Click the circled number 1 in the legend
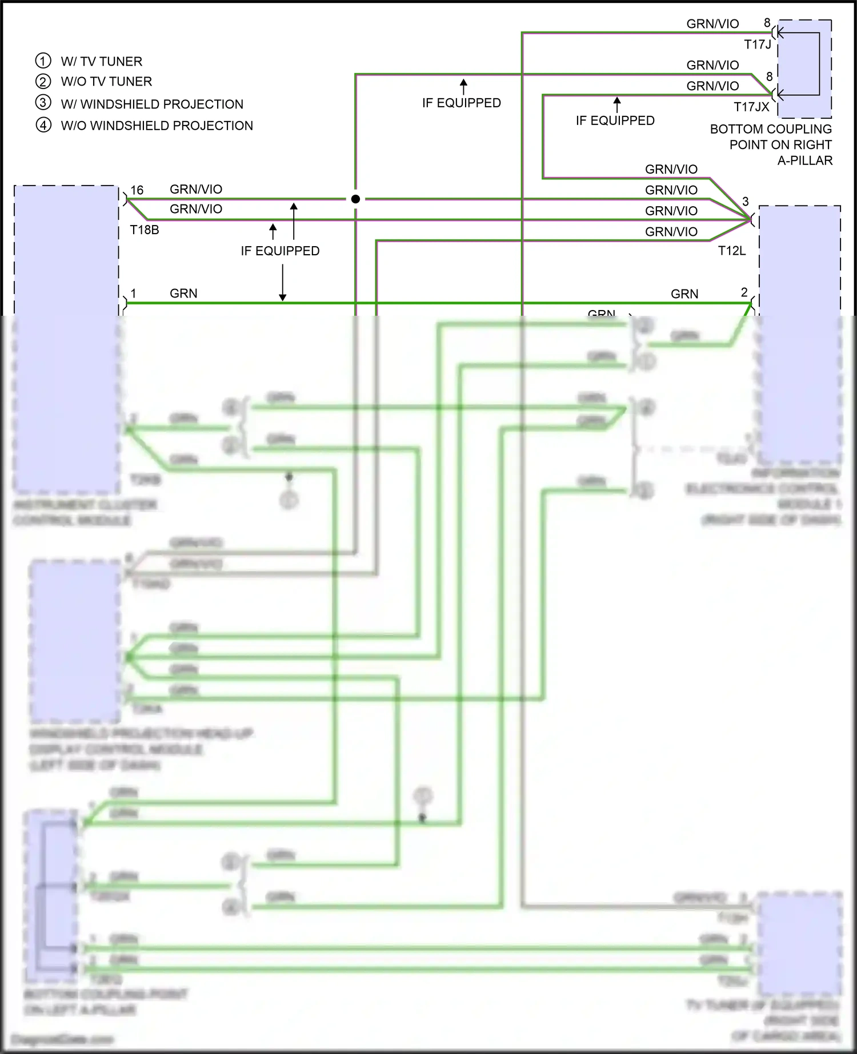(x=43, y=61)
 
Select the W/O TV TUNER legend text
(x=106, y=82)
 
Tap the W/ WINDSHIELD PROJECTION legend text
(x=152, y=104)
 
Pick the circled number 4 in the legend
(x=43, y=125)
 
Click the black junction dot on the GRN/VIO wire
(x=355, y=199)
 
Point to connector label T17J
(x=757, y=45)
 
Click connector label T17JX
(x=751, y=107)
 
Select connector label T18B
(x=145, y=230)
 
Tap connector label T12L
(x=732, y=251)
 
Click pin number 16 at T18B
(x=137, y=190)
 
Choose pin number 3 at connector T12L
(x=745, y=202)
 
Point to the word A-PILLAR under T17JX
(x=804, y=160)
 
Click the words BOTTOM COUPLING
(x=771, y=129)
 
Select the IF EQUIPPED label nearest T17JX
(x=615, y=120)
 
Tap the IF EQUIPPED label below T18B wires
(x=280, y=251)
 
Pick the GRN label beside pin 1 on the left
(x=183, y=293)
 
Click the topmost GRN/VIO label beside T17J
(x=712, y=24)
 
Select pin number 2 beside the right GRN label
(x=744, y=292)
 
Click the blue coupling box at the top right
(x=804, y=69)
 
